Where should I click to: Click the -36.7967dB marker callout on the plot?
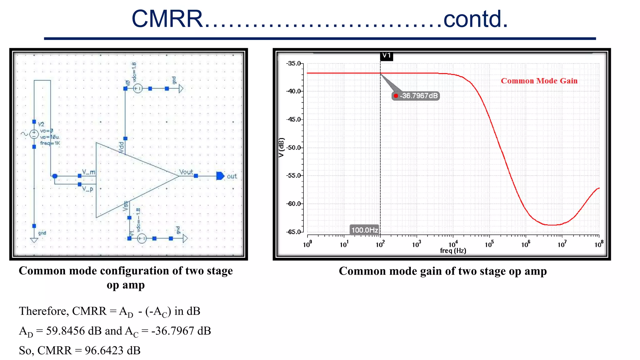(416, 96)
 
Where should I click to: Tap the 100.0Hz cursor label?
(364, 230)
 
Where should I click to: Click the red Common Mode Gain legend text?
(539, 81)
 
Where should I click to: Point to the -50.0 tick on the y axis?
(294, 147)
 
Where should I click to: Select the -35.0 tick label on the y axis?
(294, 63)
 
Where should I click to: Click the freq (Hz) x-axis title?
(453, 251)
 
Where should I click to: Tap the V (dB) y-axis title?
(281, 147)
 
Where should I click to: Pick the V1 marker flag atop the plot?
(387, 56)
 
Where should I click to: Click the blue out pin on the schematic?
(220, 176)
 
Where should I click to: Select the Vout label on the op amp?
(186, 172)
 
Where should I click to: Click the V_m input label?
(88, 172)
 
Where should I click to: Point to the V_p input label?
(87, 189)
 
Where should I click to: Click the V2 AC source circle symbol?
(34, 134)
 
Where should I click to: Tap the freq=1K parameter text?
(50, 143)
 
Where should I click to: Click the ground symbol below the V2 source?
(34, 240)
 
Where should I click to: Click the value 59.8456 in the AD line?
(65, 331)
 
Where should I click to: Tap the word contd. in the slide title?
(475, 19)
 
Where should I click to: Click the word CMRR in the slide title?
(167, 19)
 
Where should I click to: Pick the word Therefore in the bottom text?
(43, 311)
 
